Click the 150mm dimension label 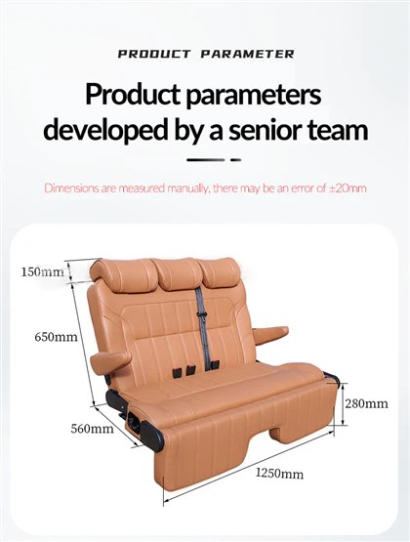pyautogui.click(x=43, y=271)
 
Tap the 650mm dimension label pyautogui.click(x=56, y=337)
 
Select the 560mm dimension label pyautogui.click(x=92, y=429)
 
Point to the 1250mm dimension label pyautogui.click(x=279, y=473)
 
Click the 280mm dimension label pyautogui.click(x=366, y=403)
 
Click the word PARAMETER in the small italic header pyautogui.click(x=247, y=54)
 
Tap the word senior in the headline pyautogui.click(x=265, y=130)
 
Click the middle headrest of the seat pyautogui.click(x=177, y=273)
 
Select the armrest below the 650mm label pyautogui.click(x=110, y=362)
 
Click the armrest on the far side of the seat pyautogui.click(x=270, y=333)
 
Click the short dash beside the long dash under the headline pyautogui.click(x=235, y=160)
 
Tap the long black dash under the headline pyautogui.click(x=206, y=160)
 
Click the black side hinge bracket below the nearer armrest pyautogui.click(x=114, y=400)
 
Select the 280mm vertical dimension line pyautogui.click(x=343, y=403)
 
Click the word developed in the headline pyautogui.click(x=105, y=131)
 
